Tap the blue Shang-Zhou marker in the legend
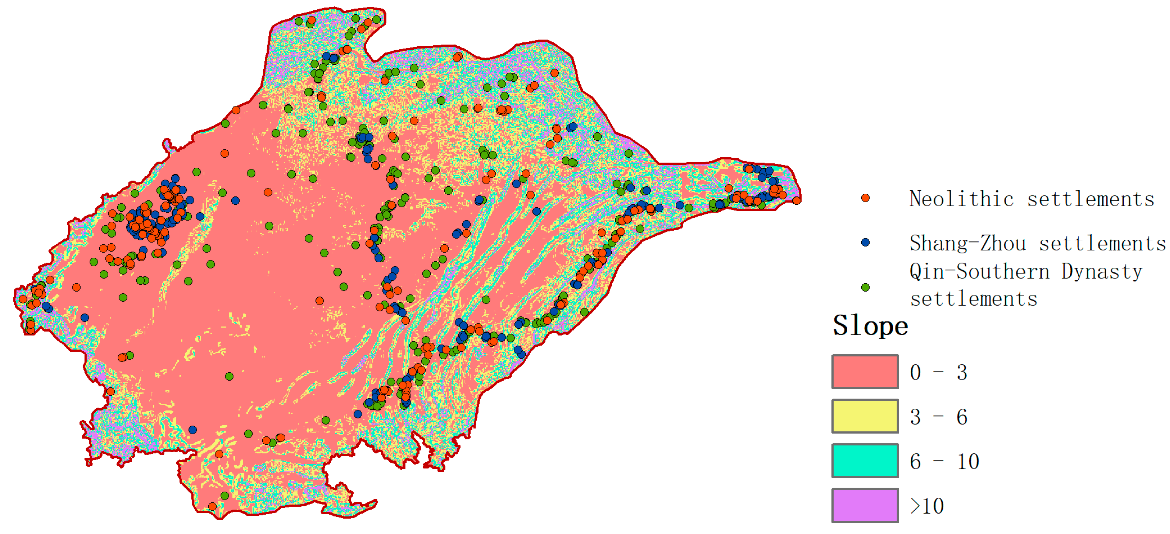[865, 242]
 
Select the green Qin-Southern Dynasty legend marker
[865, 287]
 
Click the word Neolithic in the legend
[961, 199]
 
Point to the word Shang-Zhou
[967, 244]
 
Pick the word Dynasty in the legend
[1101, 272]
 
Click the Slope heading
[870, 325]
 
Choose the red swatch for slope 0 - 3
[865, 372]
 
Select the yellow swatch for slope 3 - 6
[865, 416]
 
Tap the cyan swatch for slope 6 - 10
[865, 461]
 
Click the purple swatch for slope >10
[865, 505]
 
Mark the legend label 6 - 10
[944, 462]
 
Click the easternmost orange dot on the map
[796, 200]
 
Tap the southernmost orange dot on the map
[212, 506]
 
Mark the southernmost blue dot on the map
[193, 429]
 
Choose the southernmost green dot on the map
[224, 495]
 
